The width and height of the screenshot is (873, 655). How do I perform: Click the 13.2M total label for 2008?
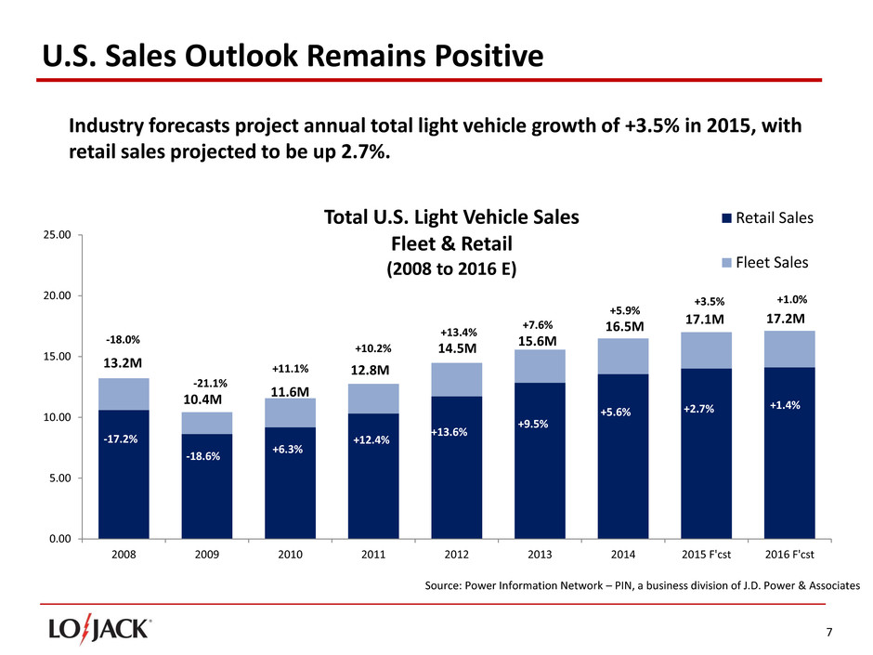tap(123, 361)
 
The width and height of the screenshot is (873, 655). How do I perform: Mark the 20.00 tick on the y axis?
tap(59, 295)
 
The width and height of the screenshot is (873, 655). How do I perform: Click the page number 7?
tap(829, 633)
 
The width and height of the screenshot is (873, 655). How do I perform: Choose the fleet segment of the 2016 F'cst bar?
tap(788, 349)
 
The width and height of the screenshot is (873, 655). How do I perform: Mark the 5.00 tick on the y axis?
tap(61, 478)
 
